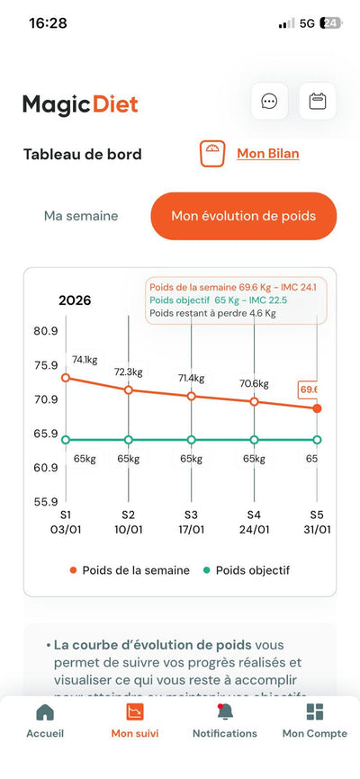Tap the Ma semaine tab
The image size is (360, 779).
point(81,216)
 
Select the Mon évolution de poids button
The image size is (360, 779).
point(244,216)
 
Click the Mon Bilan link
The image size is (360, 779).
point(267,153)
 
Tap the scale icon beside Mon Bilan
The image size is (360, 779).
point(212,153)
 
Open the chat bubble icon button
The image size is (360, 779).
point(269,101)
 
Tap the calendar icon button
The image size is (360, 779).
point(317,101)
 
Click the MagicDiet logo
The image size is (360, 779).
point(80,104)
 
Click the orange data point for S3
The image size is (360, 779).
point(192,396)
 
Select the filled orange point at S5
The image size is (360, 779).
point(317,408)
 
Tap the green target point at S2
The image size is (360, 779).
point(129,440)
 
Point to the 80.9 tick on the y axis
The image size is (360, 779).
point(46,331)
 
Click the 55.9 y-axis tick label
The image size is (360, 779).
point(46,502)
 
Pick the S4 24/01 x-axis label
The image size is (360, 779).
point(255,522)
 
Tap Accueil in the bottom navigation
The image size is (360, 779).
point(45,721)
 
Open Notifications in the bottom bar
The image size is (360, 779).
point(224,721)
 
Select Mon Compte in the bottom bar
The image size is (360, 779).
point(314,721)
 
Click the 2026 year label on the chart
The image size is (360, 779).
point(75,300)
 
